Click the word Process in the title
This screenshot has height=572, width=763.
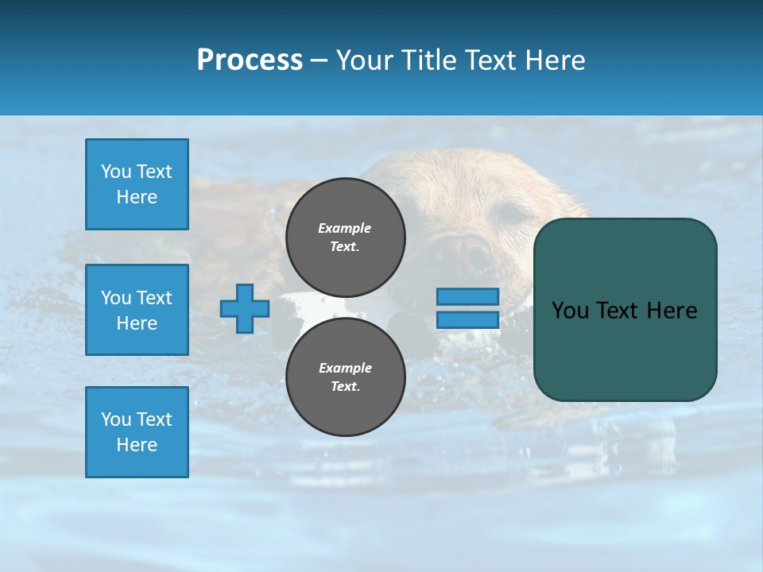(x=250, y=60)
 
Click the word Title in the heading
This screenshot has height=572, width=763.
(x=428, y=60)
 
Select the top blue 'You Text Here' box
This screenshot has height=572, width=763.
(x=137, y=184)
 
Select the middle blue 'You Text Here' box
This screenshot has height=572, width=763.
(x=137, y=310)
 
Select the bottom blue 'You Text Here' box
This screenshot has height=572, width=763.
(x=137, y=431)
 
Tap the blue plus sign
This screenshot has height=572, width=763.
(x=244, y=308)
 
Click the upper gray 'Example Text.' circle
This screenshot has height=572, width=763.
(x=346, y=238)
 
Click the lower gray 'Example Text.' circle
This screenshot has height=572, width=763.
(x=346, y=377)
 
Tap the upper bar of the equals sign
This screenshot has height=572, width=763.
(x=467, y=297)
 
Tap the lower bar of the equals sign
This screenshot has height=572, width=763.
(x=467, y=320)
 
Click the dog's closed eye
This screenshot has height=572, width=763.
(x=512, y=212)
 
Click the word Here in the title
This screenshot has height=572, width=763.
(x=556, y=60)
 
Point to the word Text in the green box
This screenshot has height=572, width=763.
(x=618, y=311)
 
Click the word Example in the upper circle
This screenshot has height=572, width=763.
(x=345, y=228)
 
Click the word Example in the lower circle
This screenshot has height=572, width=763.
(x=345, y=368)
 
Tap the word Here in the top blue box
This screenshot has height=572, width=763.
(x=137, y=197)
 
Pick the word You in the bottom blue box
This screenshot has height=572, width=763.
(x=115, y=419)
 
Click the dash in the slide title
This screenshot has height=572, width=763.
(x=319, y=61)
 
